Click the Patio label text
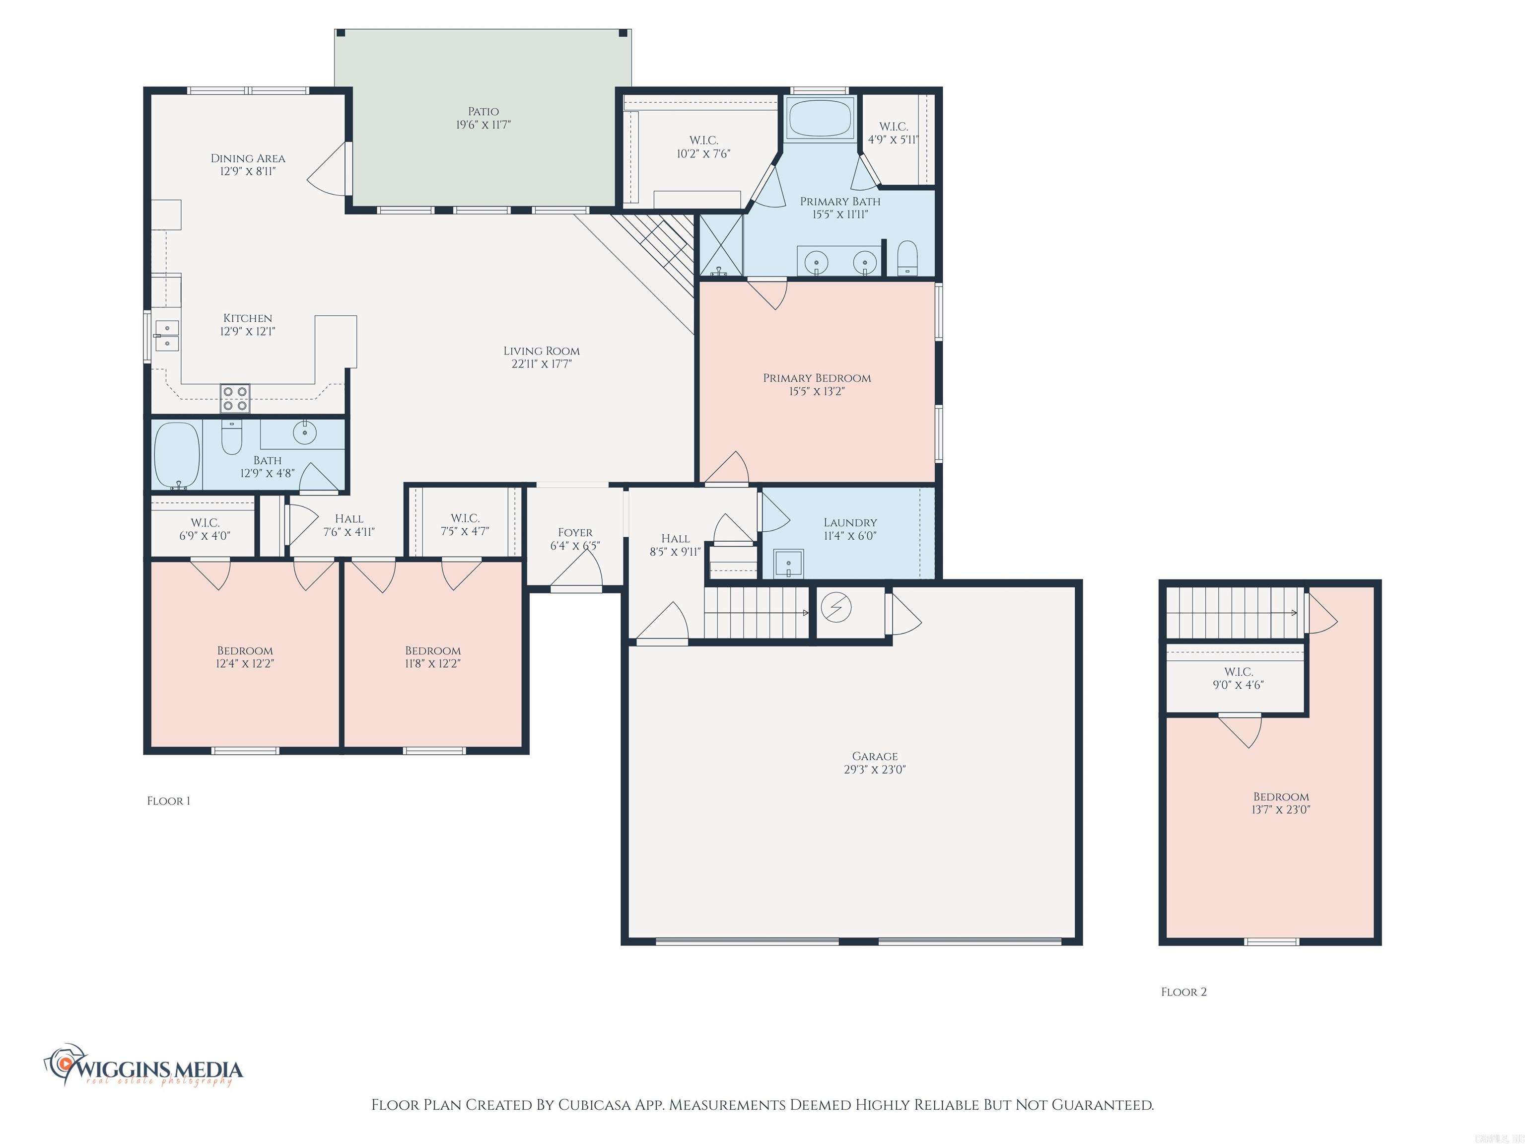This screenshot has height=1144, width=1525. (x=483, y=112)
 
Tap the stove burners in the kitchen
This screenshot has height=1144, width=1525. (x=234, y=399)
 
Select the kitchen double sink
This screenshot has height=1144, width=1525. (x=167, y=335)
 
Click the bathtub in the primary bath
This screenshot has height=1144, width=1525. (x=820, y=119)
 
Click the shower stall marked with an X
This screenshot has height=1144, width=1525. (x=721, y=244)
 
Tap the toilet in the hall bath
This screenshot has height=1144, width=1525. (x=232, y=436)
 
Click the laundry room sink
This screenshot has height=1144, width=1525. (x=788, y=563)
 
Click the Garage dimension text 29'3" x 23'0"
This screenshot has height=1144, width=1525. (x=874, y=770)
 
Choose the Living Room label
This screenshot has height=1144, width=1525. (x=541, y=351)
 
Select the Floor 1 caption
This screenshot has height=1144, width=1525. (x=168, y=800)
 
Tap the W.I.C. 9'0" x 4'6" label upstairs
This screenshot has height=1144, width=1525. (x=1238, y=678)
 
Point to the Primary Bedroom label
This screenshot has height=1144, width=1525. (x=816, y=378)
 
